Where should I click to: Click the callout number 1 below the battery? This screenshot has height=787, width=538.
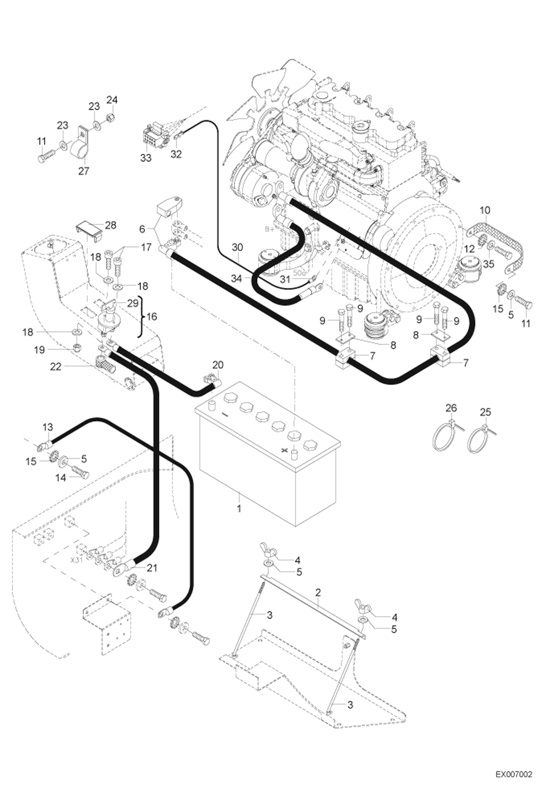tap(239, 508)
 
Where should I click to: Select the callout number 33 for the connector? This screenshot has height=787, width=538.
tap(146, 158)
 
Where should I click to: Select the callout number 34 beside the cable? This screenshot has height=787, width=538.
tap(236, 278)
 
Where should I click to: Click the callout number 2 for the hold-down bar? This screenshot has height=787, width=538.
tap(318, 592)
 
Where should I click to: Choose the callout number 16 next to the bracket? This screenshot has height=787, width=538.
tap(152, 317)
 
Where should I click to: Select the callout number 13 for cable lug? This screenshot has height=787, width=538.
tap(47, 427)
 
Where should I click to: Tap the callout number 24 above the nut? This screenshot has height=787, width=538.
tap(112, 99)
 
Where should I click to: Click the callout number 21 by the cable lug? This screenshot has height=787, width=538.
tap(152, 568)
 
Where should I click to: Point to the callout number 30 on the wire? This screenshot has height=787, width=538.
tap(237, 247)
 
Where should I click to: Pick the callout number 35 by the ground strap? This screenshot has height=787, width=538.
tap(489, 264)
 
